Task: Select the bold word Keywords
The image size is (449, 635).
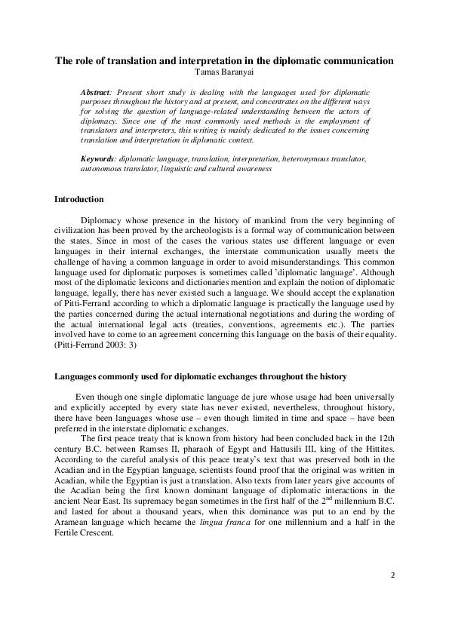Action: click(97, 161)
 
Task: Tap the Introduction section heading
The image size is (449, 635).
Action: click(79, 199)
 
